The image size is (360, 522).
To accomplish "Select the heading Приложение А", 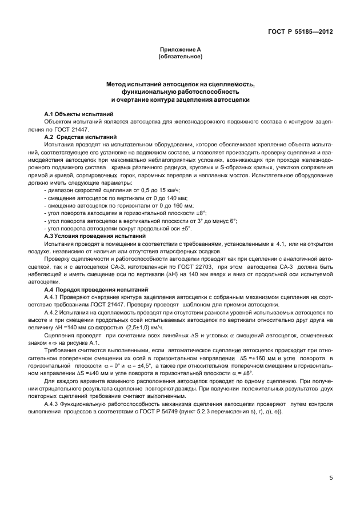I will click(180, 50).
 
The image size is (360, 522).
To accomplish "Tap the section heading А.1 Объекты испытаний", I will click(79, 114).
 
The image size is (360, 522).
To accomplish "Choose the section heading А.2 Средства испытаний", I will click(81, 137).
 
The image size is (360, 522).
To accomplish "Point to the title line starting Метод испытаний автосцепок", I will click(180, 85).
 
